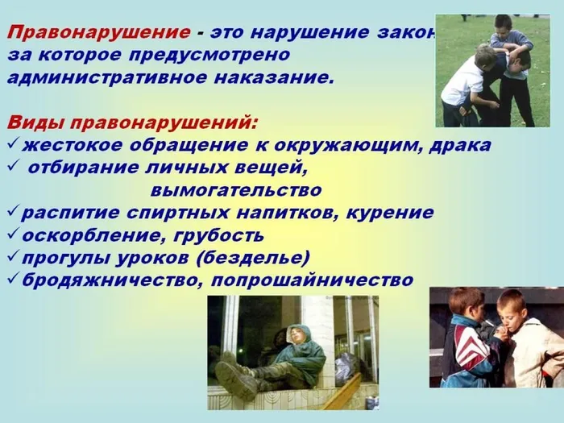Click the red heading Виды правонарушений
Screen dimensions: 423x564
coord(133,123)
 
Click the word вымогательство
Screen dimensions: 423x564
coord(235,191)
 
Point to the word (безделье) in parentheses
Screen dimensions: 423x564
coord(258,258)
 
